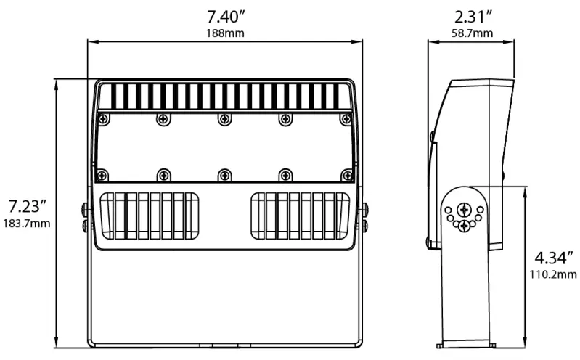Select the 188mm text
pos(224,33)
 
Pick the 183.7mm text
pos(27,224)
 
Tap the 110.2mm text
pos(554,274)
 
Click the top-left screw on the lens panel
pos(102,118)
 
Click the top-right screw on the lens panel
pos(347,118)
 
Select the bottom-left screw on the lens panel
pos(102,174)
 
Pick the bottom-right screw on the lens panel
pos(347,174)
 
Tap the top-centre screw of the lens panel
pos(224,118)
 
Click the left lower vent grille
pos(150,216)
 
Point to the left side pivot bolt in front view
pos(86,217)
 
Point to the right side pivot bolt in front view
pos(363,217)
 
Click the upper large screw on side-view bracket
pos(464,210)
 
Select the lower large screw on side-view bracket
pos(464,226)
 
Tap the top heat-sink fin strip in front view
pos(224,96)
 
